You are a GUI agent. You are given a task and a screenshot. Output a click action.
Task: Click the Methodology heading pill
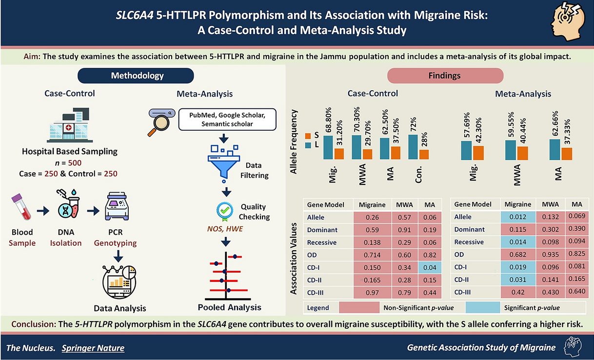pos(137,76)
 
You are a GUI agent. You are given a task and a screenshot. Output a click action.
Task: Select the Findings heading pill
pos(444,76)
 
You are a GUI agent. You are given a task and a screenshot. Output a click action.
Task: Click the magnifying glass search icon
pos(161,122)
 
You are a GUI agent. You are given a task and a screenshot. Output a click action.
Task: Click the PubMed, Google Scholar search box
pos(227,120)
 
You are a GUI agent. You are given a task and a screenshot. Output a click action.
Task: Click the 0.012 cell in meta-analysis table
pos(518,217)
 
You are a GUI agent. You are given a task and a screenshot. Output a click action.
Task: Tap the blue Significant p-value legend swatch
pos(482,308)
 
